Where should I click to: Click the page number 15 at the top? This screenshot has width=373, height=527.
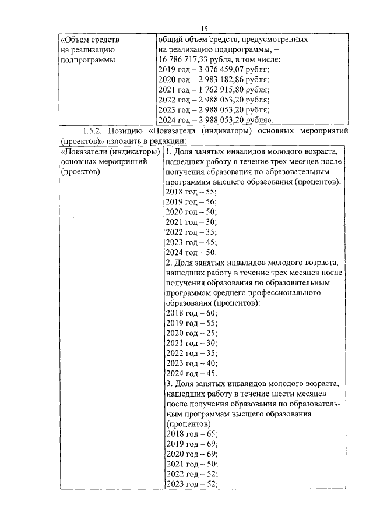(x=204, y=29)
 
